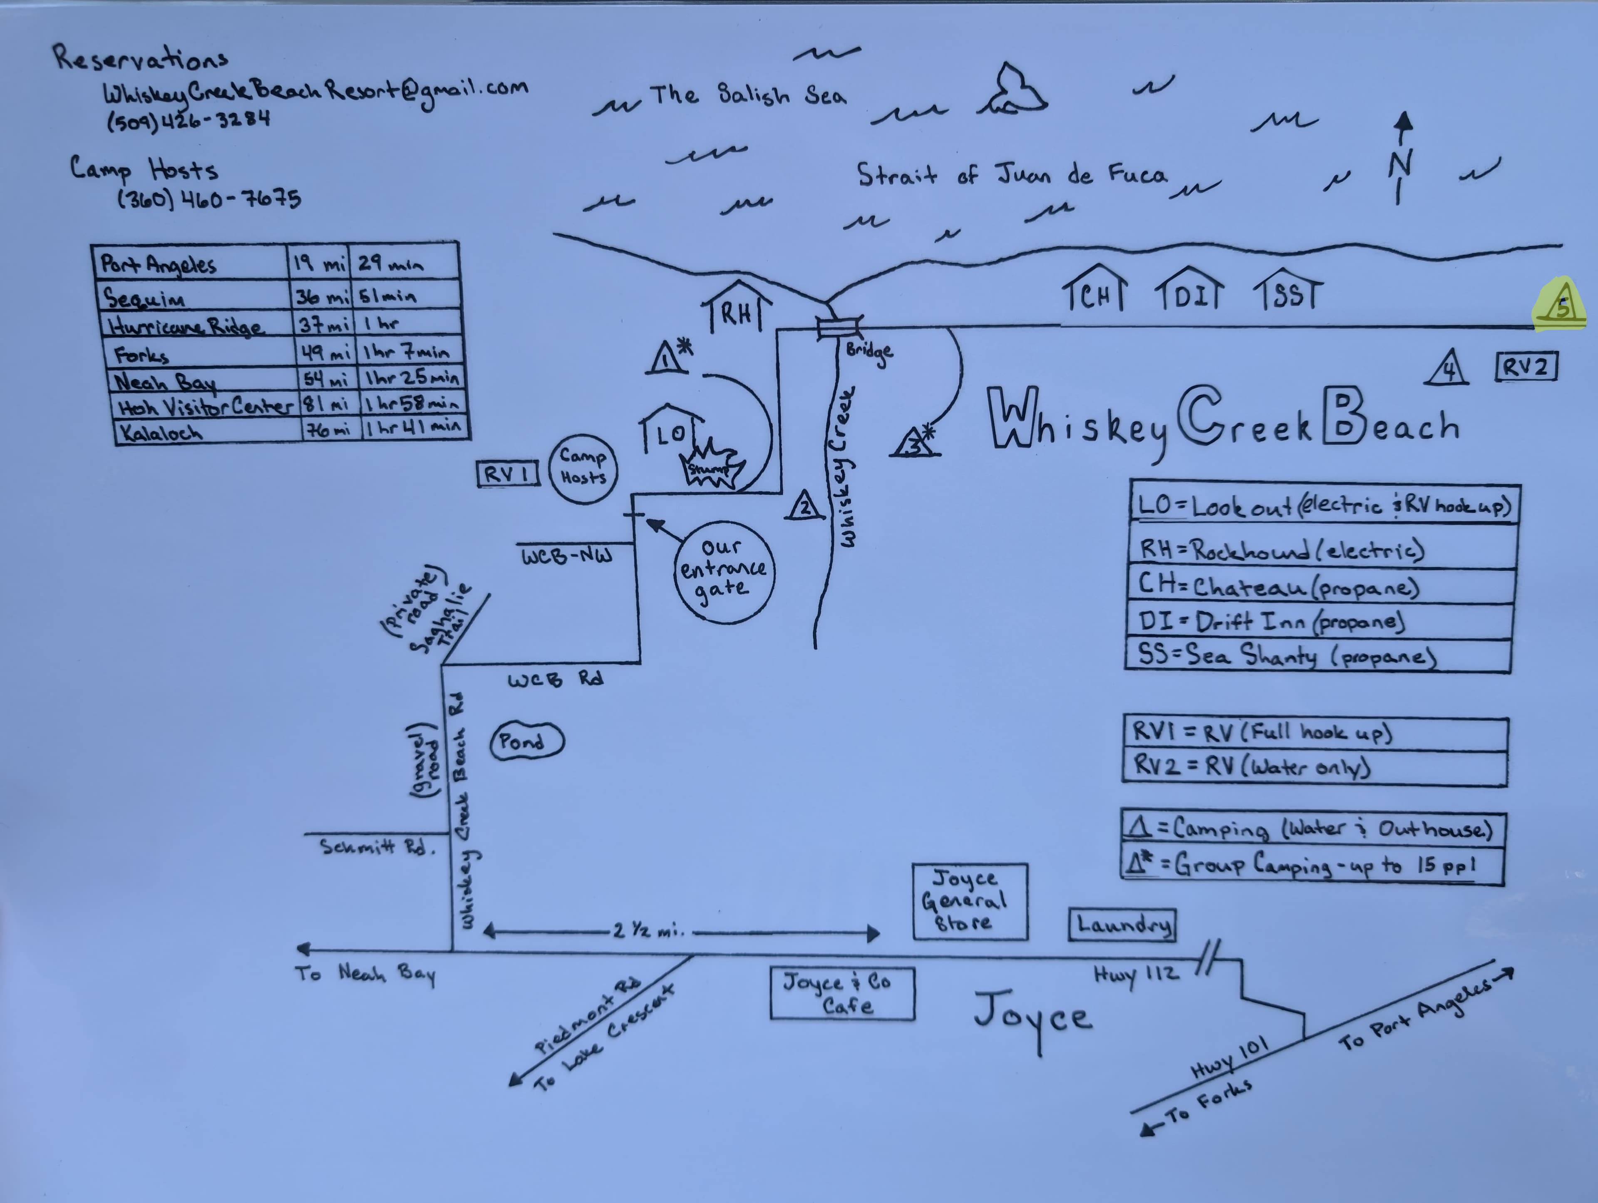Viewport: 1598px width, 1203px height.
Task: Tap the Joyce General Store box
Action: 970,902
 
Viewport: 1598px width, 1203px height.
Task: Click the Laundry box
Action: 1122,925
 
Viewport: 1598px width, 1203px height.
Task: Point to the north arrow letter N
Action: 1401,164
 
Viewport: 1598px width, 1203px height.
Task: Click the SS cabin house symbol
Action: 1288,290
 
